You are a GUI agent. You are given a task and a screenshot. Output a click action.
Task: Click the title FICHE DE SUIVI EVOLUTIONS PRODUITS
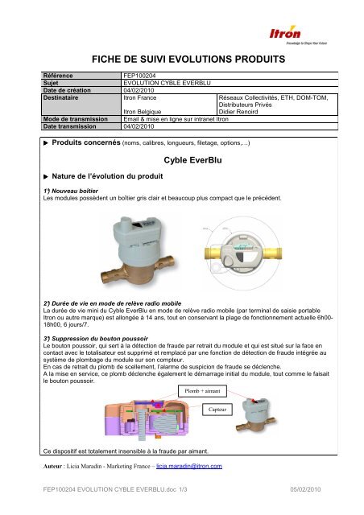181,60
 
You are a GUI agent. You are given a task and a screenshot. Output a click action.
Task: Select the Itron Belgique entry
145,111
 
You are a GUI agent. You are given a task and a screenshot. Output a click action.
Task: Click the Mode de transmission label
75,118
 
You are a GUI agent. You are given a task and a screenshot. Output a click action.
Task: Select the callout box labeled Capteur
215,410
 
